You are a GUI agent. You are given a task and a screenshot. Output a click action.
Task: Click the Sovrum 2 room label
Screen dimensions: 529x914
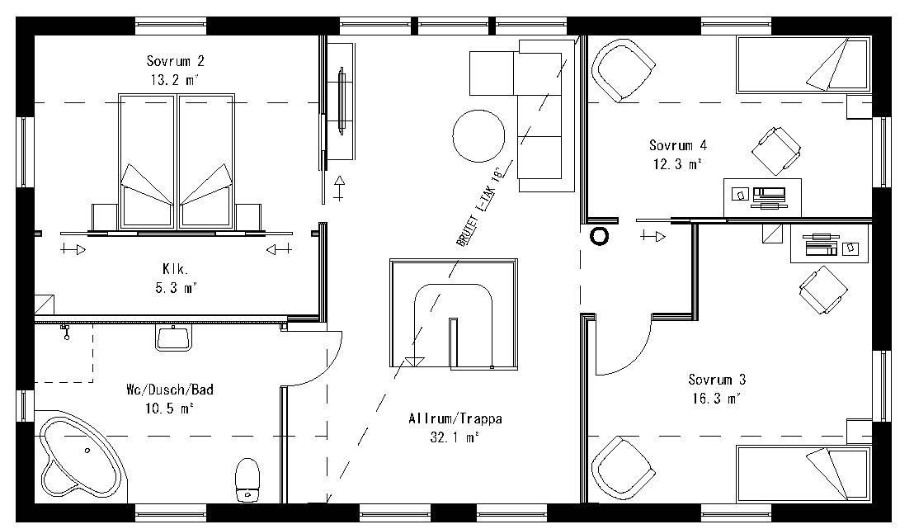(175, 61)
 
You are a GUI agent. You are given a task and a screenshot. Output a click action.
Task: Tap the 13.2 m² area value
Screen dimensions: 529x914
(175, 80)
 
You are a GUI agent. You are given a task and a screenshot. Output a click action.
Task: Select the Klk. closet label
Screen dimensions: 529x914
(176, 268)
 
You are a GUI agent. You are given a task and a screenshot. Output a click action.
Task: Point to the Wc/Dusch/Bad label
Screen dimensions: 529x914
(164, 389)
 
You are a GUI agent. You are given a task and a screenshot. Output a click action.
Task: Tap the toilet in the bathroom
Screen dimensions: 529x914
(247, 478)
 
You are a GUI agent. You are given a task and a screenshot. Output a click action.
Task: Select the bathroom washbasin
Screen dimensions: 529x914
(174, 337)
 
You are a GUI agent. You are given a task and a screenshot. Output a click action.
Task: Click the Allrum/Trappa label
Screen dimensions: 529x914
(455, 419)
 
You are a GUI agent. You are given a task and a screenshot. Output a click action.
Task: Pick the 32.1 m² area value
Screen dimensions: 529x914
(455, 438)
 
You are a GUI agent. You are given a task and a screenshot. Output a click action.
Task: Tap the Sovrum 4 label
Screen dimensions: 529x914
(677, 145)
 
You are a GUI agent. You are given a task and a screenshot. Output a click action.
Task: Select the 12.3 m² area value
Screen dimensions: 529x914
(677, 164)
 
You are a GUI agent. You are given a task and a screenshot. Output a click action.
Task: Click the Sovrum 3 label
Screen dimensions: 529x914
(717, 380)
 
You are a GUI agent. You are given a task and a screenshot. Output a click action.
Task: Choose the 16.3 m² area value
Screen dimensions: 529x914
(717, 399)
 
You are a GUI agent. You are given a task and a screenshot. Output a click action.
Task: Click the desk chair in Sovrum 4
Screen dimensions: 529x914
(776, 151)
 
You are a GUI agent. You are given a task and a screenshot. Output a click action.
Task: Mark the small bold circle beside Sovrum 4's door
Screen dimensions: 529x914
(600, 237)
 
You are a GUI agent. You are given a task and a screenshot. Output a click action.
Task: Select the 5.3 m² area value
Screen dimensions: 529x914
(176, 287)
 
